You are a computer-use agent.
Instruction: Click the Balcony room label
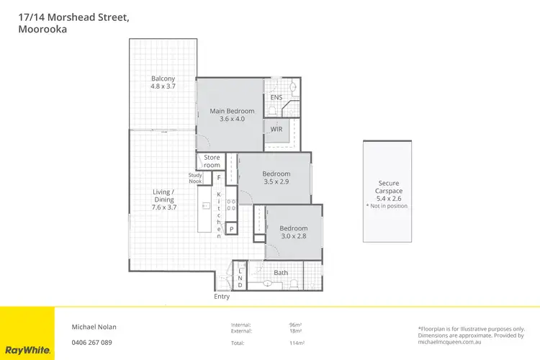click(x=163, y=82)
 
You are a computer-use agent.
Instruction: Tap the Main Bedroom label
click(x=232, y=115)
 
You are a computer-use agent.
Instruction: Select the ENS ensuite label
click(x=276, y=98)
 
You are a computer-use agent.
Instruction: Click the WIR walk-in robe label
click(x=276, y=130)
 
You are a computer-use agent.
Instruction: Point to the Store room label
click(x=212, y=161)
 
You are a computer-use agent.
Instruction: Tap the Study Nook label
click(x=196, y=178)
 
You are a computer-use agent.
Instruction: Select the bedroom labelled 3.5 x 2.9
click(x=276, y=178)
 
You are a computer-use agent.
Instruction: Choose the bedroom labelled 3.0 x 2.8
click(x=293, y=233)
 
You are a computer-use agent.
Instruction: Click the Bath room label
click(x=281, y=272)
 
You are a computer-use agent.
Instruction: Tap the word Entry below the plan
click(x=222, y=297)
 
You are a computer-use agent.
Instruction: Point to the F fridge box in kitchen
click(x=218, y=176)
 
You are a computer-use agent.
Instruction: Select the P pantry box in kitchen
click(x=231, y=229)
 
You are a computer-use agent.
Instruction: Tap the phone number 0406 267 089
click(x=91, y=342)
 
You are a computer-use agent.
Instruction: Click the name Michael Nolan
click(x=94, y=326)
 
